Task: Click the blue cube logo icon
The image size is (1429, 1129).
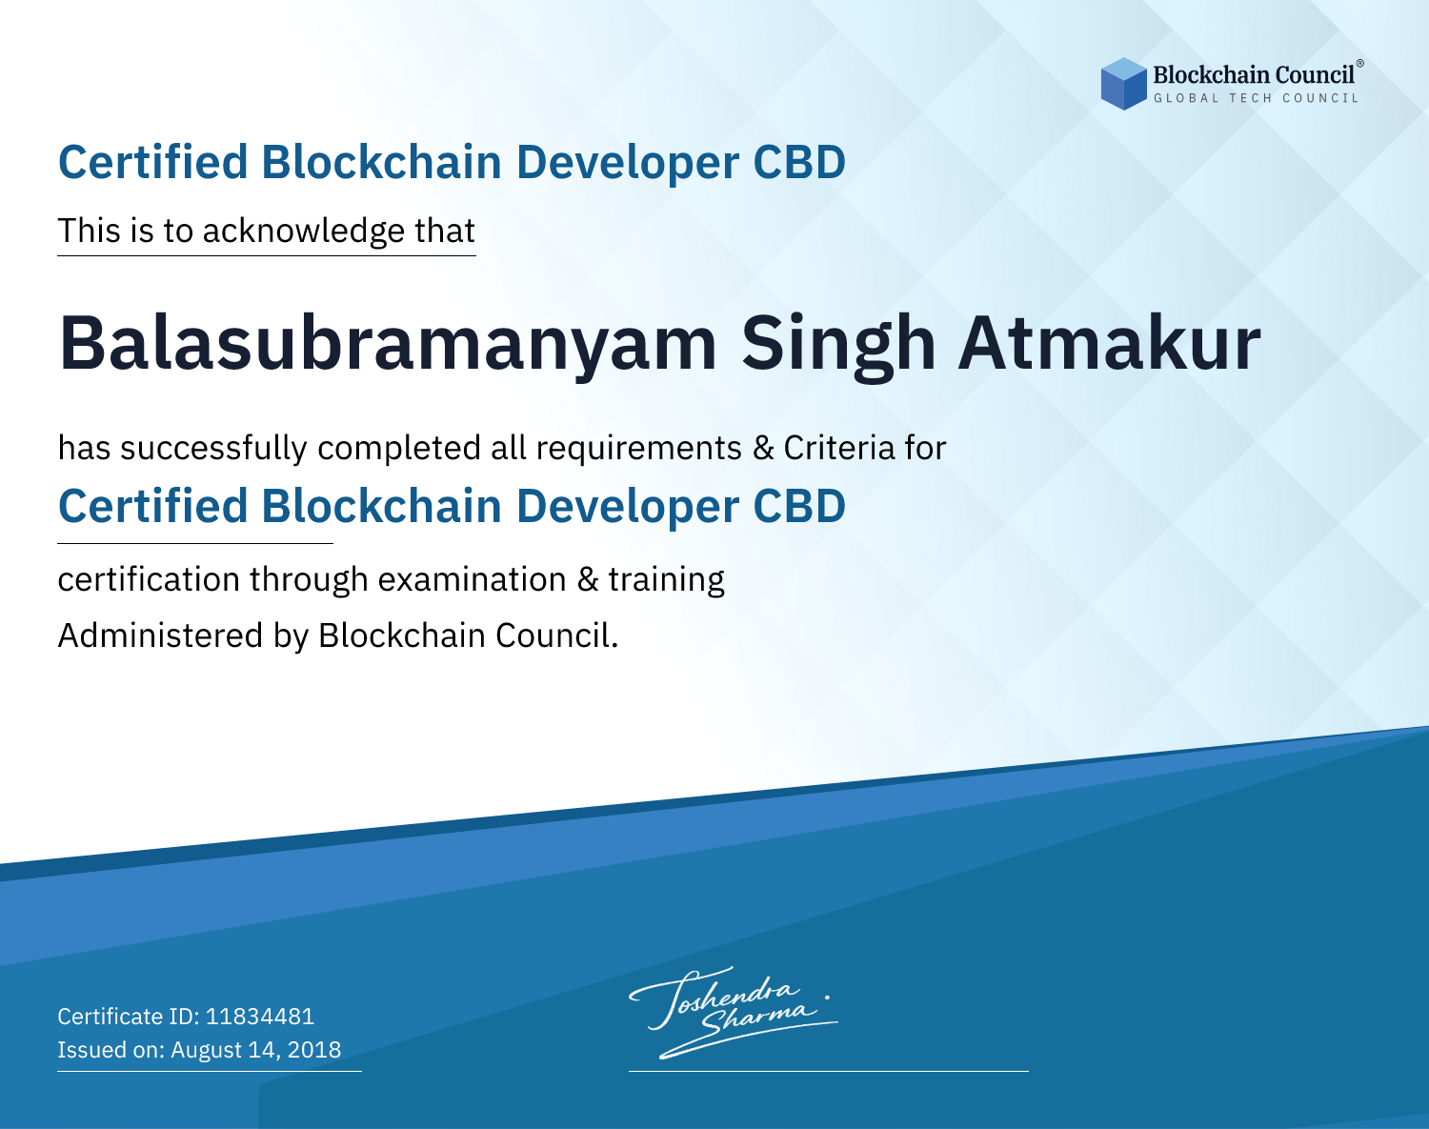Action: (x=1123, y=84)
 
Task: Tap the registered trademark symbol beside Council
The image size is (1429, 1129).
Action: (x=1360, y=64)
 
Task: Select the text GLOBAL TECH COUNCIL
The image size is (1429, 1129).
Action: (x=1257, y=98)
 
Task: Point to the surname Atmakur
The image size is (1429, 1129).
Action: (x=1109, y=344)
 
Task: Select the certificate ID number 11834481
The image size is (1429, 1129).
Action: (x=260, y=1016)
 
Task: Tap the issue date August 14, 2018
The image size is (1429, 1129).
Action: (x=255, y=1050)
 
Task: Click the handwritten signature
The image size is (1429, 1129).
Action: (x=733, y=1012)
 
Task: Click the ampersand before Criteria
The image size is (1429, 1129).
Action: (x=764, y=448)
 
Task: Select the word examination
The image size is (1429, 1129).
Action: (x=473, y=579)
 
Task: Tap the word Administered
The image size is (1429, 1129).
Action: (x=161, y=635)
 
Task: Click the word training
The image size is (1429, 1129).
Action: (x=666, y=580)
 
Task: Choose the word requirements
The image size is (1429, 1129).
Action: (x=639, y=449)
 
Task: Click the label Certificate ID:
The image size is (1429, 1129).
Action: (x=129, y=1016)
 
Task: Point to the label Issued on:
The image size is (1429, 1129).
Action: (x=111, y=1050)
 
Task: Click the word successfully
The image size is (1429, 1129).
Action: (x=213, y=449)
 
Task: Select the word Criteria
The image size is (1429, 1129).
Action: (x=838, y=448)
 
